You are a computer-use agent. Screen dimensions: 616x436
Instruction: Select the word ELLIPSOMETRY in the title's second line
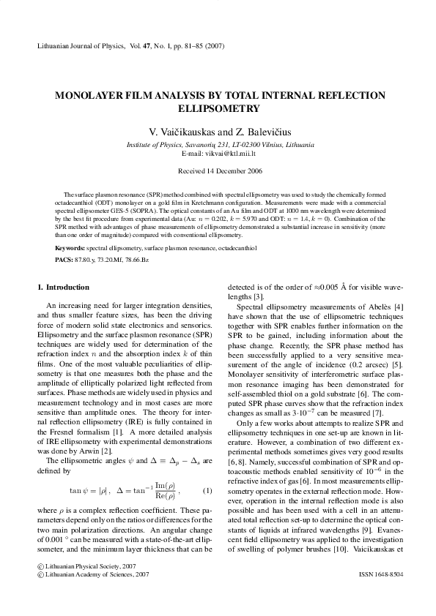(x=218, y=109)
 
